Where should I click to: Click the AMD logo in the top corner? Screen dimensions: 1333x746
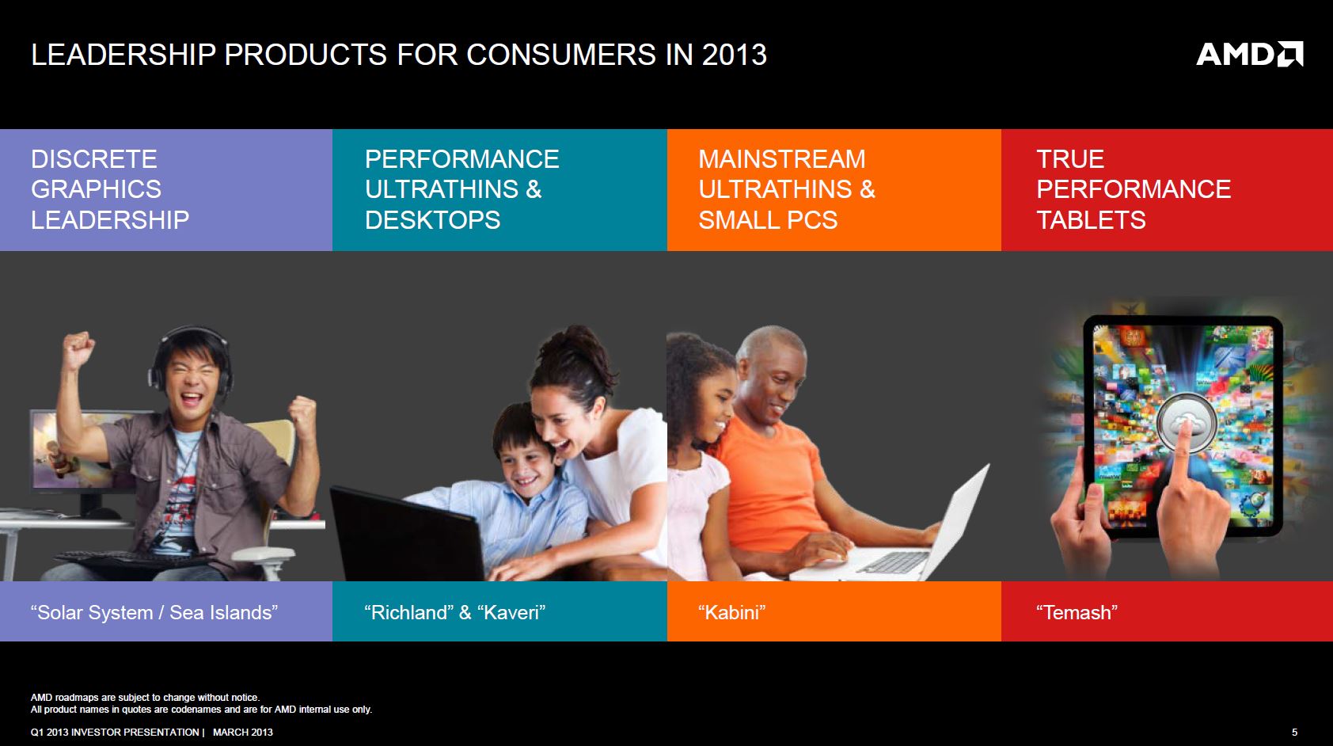click(x=1249, y=54)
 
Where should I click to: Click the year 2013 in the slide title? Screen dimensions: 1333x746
click(x=735, y=55)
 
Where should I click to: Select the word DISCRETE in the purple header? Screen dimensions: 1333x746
click(x=94, y=159)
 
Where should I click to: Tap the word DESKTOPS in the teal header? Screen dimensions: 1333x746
click(x=433, y=219)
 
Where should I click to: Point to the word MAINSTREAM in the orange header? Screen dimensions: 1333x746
click(x=782, y=159)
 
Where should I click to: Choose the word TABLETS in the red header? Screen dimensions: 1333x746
click(x=1091, y=219)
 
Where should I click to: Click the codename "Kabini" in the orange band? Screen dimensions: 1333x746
click(x=731, y=612)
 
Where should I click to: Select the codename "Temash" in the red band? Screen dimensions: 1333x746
click(x=1077, y=612)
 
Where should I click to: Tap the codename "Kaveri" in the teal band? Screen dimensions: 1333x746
click(x=511, y=612)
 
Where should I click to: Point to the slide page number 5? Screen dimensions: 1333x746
click(x=1294, y=733)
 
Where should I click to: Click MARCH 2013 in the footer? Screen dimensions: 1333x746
click(x=243, y=733)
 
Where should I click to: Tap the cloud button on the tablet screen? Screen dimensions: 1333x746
click(x=1186, y=423)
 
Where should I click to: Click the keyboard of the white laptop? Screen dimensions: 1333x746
click(x=894, y=561)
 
